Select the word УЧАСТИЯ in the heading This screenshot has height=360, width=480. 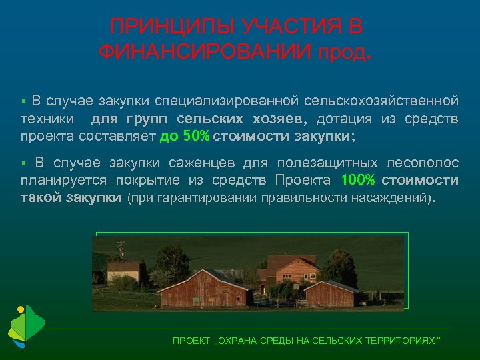[282, 27]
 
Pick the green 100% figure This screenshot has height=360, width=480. [359, 180]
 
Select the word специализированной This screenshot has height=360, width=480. [227, 101]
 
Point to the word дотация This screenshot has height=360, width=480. [347, 119]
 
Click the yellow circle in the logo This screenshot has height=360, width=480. [21, 309]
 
